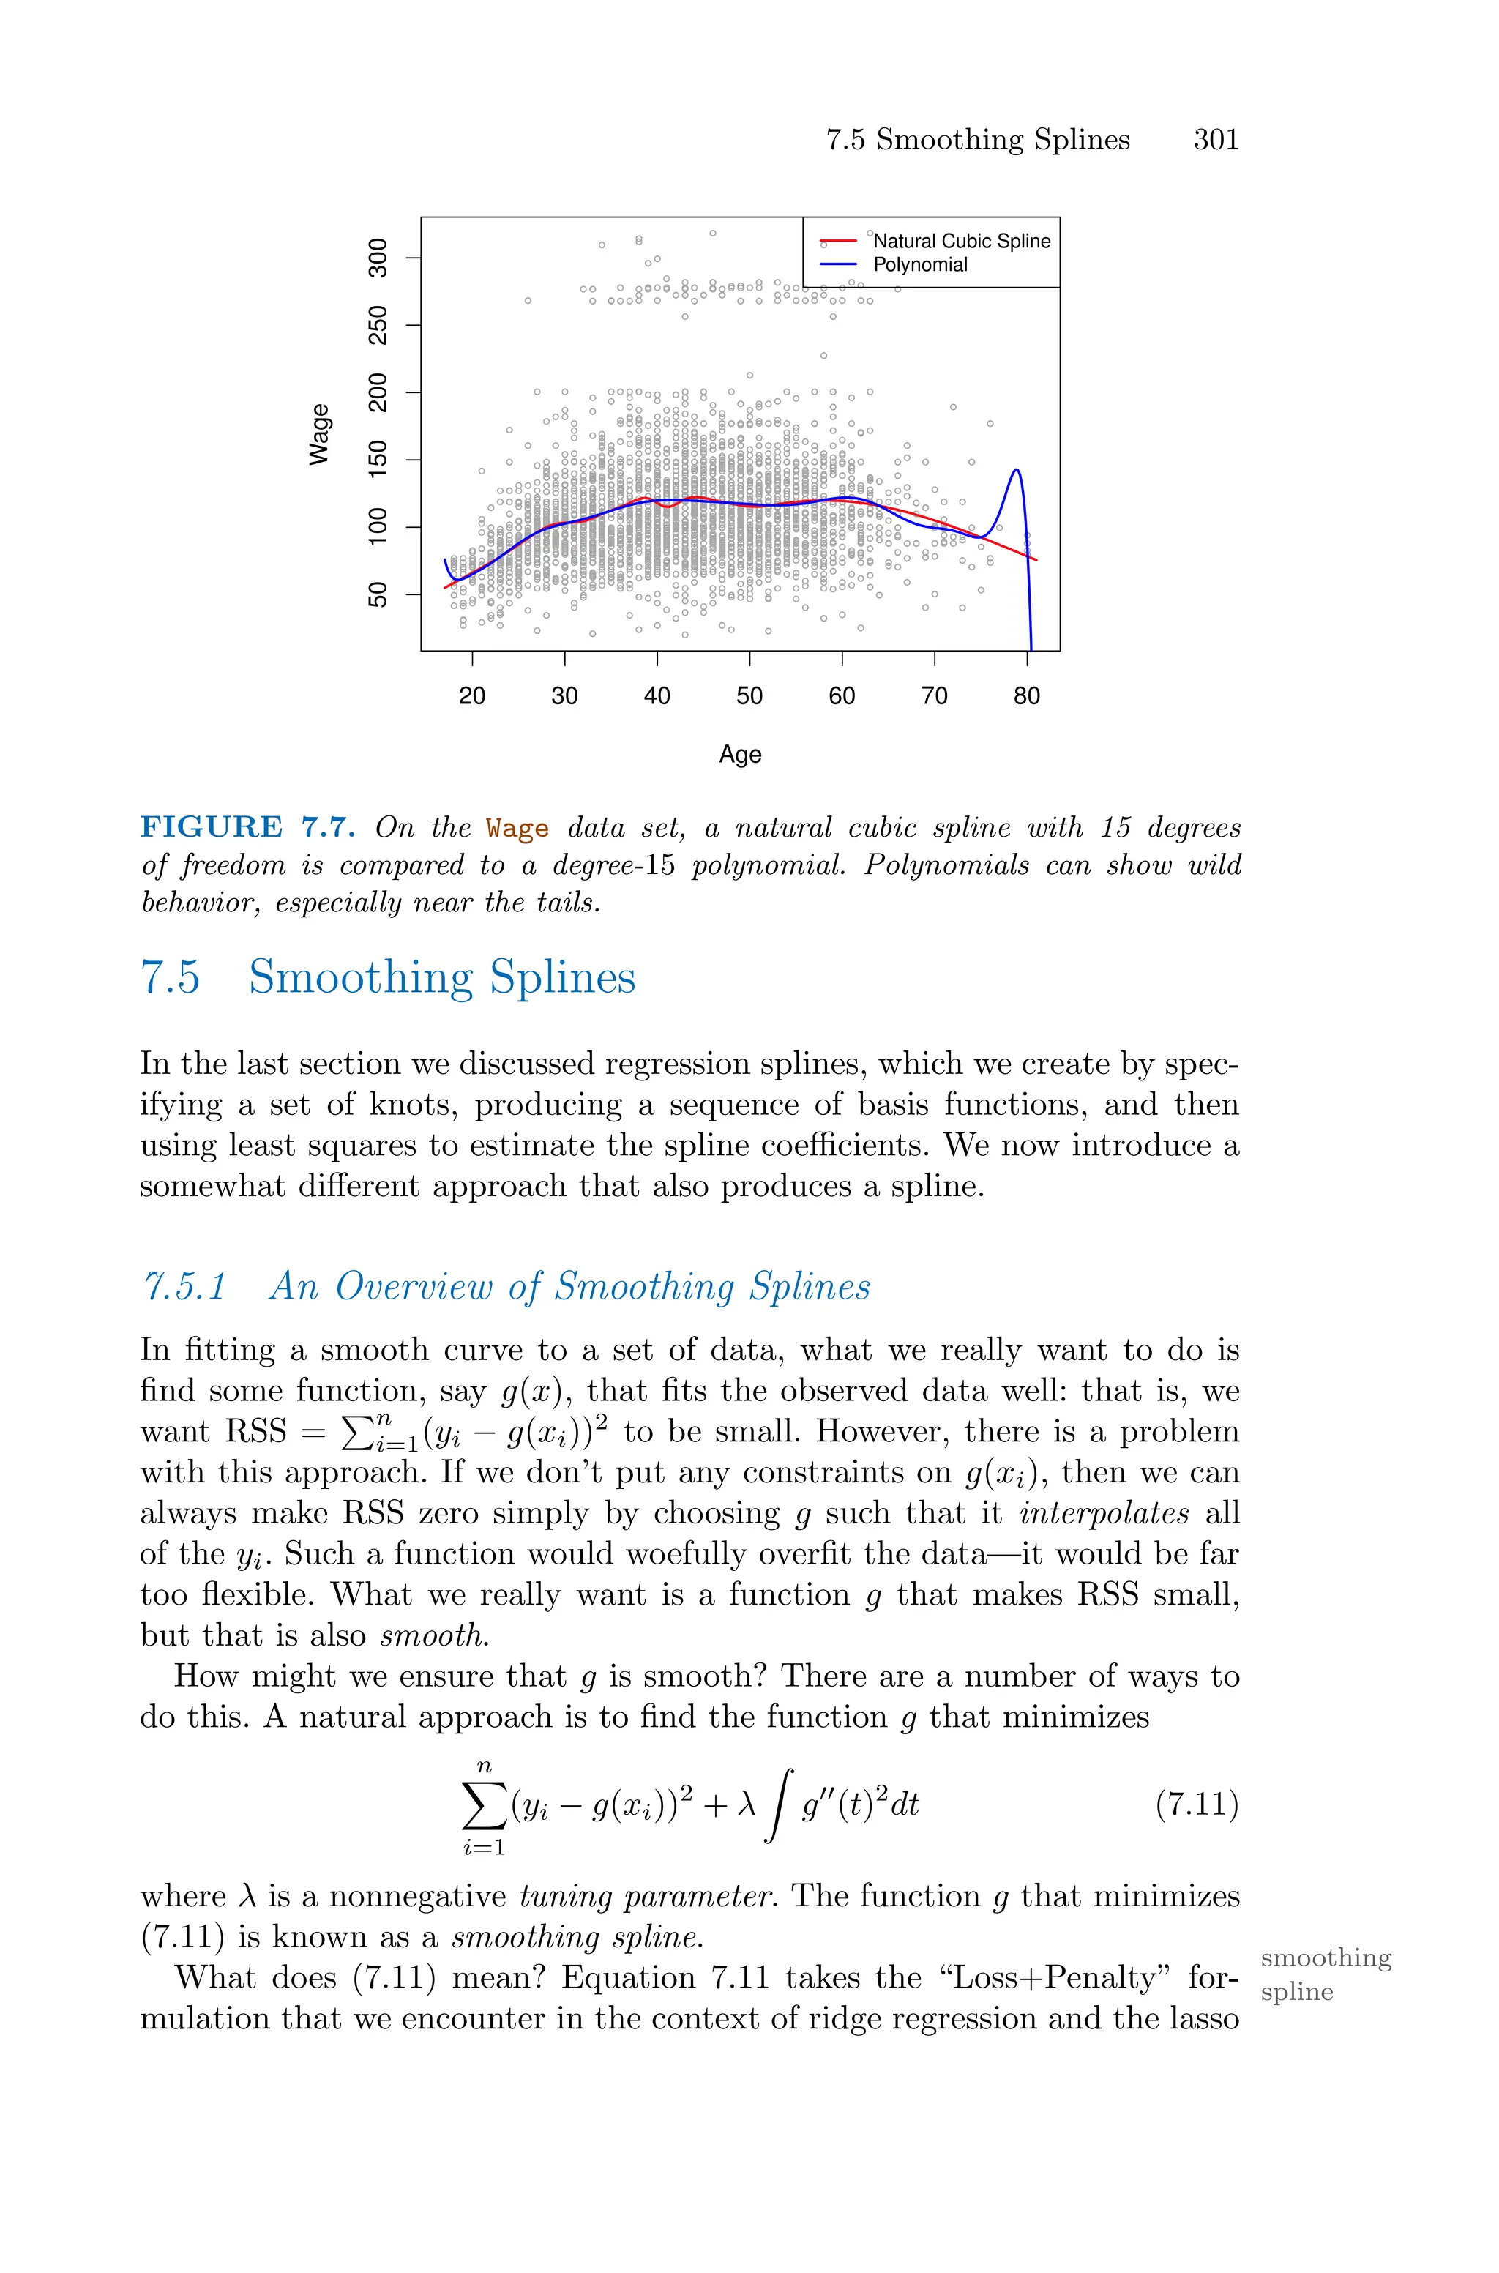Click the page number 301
pos(1215,140)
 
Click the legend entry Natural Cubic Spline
pos(961,242)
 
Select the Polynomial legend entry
pos(919,265)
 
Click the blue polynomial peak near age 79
pos(1016,469)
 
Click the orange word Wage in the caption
pos(517,828)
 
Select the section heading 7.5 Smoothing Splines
pos(388,977)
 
